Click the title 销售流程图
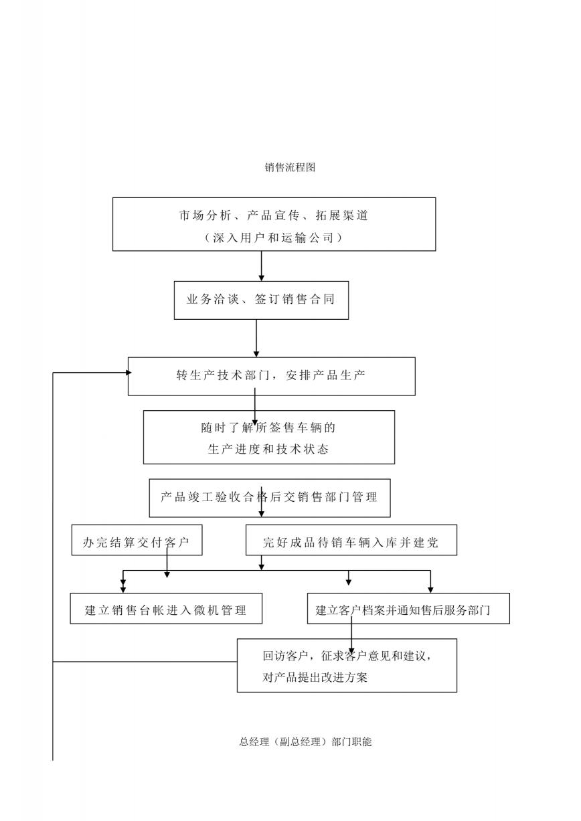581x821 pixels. [290, 167]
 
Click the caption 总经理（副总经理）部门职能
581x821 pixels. [305, 742]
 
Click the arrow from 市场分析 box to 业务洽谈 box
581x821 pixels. [261, 266]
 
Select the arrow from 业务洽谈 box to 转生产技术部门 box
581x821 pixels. [256, 339]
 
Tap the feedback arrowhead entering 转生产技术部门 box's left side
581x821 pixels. [129, 373]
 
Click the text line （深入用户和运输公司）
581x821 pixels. [274, 238]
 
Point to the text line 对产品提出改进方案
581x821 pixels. [315, 677]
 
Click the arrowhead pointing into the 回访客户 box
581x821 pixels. [351, 650]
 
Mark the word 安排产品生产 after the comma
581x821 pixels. [325, 375]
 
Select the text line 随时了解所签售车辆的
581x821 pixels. [268, 428]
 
